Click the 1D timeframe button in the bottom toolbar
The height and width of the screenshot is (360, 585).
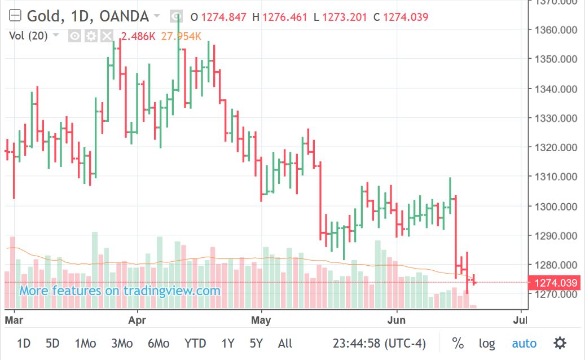click(23, 343)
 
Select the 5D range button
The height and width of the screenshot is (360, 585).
click(52, 343)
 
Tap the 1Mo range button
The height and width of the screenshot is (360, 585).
click(85, 343)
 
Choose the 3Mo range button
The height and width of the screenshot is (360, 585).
click(122, 343)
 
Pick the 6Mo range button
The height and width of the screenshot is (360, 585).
click(159, 343)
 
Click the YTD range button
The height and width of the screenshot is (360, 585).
click(195, 343)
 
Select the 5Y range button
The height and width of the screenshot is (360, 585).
click(256, 343)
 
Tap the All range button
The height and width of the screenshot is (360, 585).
click(285, 343)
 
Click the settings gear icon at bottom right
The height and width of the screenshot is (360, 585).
click(560, 343)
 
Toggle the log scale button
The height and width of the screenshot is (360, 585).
click(487, 343)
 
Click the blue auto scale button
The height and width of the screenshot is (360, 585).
click(524, 343)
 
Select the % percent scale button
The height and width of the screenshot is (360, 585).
click(458, 343)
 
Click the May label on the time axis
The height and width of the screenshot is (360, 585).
click(261, 320)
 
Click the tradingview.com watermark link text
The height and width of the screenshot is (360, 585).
click(120, 291)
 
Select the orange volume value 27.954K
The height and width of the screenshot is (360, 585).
click(181, 37)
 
